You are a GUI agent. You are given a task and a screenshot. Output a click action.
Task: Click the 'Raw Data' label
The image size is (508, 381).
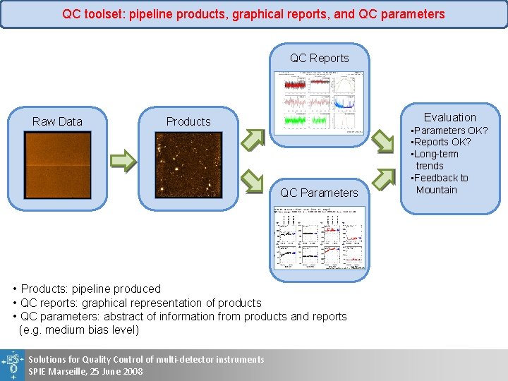(x=57, y=121)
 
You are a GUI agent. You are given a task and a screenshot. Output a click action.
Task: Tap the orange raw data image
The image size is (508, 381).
(x=57, y=165)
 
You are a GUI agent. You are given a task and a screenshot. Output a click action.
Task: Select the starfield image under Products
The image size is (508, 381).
(x=188, y=165)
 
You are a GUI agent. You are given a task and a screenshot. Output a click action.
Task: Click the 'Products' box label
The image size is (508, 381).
(x=188, y=121)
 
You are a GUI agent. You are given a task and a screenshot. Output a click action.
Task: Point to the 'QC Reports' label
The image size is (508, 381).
(x=319, y=58)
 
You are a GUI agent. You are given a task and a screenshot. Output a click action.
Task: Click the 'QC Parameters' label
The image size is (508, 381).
(x=319, y=193)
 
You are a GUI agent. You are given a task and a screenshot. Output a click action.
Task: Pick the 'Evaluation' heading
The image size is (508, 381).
(x=450, y=117)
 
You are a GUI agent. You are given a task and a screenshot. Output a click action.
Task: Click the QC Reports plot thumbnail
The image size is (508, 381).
(x=319, y=103)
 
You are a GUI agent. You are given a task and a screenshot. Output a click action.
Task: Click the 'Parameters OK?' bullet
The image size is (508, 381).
(x=450, y=131)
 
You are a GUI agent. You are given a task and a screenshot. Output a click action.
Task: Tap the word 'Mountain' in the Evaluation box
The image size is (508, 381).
(x=437, y=190)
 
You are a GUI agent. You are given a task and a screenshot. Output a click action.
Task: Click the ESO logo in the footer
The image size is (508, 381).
(x=12, y=365)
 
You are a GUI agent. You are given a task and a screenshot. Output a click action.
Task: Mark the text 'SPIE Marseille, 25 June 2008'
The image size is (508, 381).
(x=85, y=372)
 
